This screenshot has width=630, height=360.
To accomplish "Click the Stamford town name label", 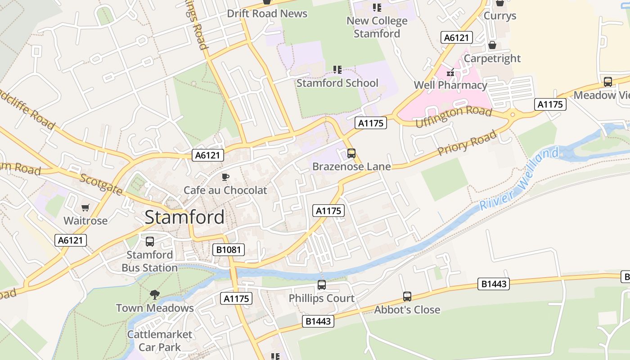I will pos(184,217).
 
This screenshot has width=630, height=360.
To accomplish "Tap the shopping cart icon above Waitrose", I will pos(85,207).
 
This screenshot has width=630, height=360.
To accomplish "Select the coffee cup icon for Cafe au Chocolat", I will pos(225,177).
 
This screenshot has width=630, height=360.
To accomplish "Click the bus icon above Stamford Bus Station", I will pos(150,242).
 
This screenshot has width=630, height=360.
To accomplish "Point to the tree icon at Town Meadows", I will pos(155,295).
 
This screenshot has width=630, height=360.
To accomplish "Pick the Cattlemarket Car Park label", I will pos(159,341).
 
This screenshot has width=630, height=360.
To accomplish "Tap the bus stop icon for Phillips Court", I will pos(321,285).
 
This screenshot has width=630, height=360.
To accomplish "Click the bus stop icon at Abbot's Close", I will pos(407,297).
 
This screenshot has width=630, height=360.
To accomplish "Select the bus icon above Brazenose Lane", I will pos(351,153).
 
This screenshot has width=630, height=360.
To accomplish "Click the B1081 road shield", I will pos(229,250).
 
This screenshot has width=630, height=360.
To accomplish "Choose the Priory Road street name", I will pos(468,143).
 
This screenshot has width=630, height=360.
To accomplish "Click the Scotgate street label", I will pos(101,184).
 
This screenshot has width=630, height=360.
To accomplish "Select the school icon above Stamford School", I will pos(337,70).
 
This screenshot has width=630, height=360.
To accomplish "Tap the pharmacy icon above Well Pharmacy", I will pos(450,72).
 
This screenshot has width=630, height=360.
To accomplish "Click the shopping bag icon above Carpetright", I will pos(492,45).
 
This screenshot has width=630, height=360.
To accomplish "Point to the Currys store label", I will pos(499,16).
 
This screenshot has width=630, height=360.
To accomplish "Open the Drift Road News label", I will pos(267,13).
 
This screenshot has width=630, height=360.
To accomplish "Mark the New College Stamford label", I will pos(377,27).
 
